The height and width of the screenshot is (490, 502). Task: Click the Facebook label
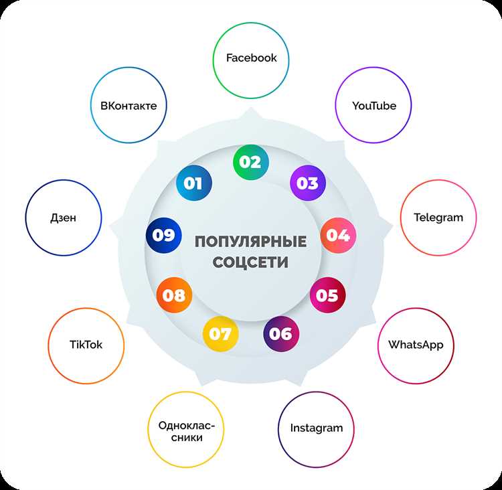251,58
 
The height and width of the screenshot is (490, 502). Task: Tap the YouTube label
374,106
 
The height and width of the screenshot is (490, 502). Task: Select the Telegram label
438,218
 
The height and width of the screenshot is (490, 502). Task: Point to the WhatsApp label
416,345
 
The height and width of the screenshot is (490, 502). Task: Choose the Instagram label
317,428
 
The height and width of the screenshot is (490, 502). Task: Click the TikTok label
86,345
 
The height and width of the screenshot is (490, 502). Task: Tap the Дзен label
64,218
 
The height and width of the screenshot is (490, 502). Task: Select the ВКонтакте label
129,106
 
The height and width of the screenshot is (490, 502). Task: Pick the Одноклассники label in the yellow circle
186,431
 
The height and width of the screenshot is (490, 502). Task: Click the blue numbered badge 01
193,183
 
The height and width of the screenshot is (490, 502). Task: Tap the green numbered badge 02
251,162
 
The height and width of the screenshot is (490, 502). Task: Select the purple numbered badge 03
308,183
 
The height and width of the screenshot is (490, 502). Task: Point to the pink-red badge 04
338,236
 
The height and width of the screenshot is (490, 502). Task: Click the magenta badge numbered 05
327,295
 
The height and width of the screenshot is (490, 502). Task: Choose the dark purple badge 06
281,334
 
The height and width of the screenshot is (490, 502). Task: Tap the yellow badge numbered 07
220,334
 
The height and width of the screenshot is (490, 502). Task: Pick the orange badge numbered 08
174,295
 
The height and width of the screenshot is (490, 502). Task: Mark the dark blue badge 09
163,236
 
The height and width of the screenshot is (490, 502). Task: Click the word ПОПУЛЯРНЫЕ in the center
251,241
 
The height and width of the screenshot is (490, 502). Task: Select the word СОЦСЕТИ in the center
250,262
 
